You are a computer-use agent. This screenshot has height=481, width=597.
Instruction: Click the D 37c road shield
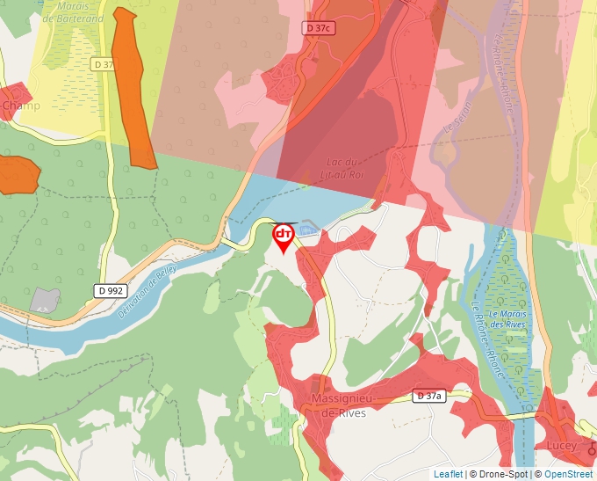(319, 28)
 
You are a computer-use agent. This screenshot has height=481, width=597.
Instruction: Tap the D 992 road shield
(110, 289)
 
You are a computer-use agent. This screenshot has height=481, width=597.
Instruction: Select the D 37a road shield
(430, 397)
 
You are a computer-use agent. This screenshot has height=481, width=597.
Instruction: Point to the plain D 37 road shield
(103, 64)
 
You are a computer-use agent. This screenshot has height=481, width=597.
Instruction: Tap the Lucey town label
(562, 446)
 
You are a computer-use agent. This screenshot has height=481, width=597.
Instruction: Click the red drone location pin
(284, 237)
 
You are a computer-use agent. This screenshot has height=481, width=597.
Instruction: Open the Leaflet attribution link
(448, 474)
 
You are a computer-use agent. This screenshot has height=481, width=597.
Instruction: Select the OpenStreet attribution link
(568, 474)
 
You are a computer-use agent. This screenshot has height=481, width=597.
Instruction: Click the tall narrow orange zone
(133, 88)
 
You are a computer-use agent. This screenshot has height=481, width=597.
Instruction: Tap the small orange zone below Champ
(18, 174)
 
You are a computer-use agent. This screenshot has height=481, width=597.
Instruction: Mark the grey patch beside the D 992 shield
(44, 300)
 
